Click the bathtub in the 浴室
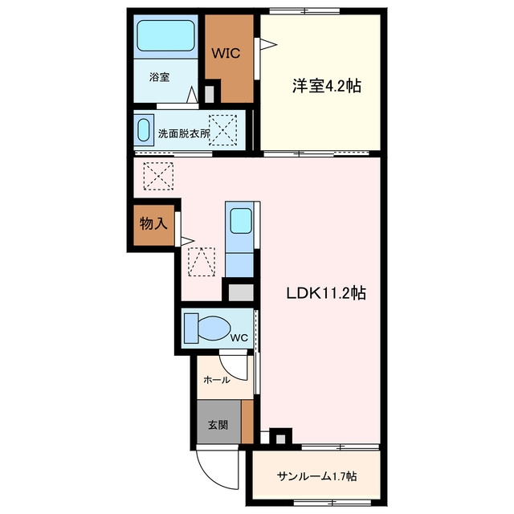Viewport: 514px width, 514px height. tap(165, 35)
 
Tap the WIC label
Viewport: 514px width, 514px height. tap(226, 53)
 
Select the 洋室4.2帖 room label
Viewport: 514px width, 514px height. tap(327, 86)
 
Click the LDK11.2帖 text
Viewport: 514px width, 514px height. tap(326, 292)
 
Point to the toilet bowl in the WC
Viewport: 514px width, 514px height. tap(214, 328)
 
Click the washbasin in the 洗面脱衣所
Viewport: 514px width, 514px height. tap(144, 130)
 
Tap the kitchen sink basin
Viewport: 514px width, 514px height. tap(241, 221)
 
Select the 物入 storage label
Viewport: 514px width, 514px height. tap(153, 223)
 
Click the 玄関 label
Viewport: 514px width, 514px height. tap(218, 425)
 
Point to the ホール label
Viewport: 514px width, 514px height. tap(217, 380)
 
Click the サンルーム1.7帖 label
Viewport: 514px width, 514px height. tap(316, 476)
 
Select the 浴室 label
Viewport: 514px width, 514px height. tap(159, 77)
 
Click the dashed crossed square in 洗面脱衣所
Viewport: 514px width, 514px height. tap(223, 130)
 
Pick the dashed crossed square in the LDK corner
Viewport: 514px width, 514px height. tap(158, 176)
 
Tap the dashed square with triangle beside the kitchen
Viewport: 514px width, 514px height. tap(202, 262)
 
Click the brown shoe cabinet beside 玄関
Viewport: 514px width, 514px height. tap(247, 422)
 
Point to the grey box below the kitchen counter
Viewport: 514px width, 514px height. tap(241, 292)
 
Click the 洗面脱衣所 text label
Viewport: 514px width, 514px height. tap(184, 134)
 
